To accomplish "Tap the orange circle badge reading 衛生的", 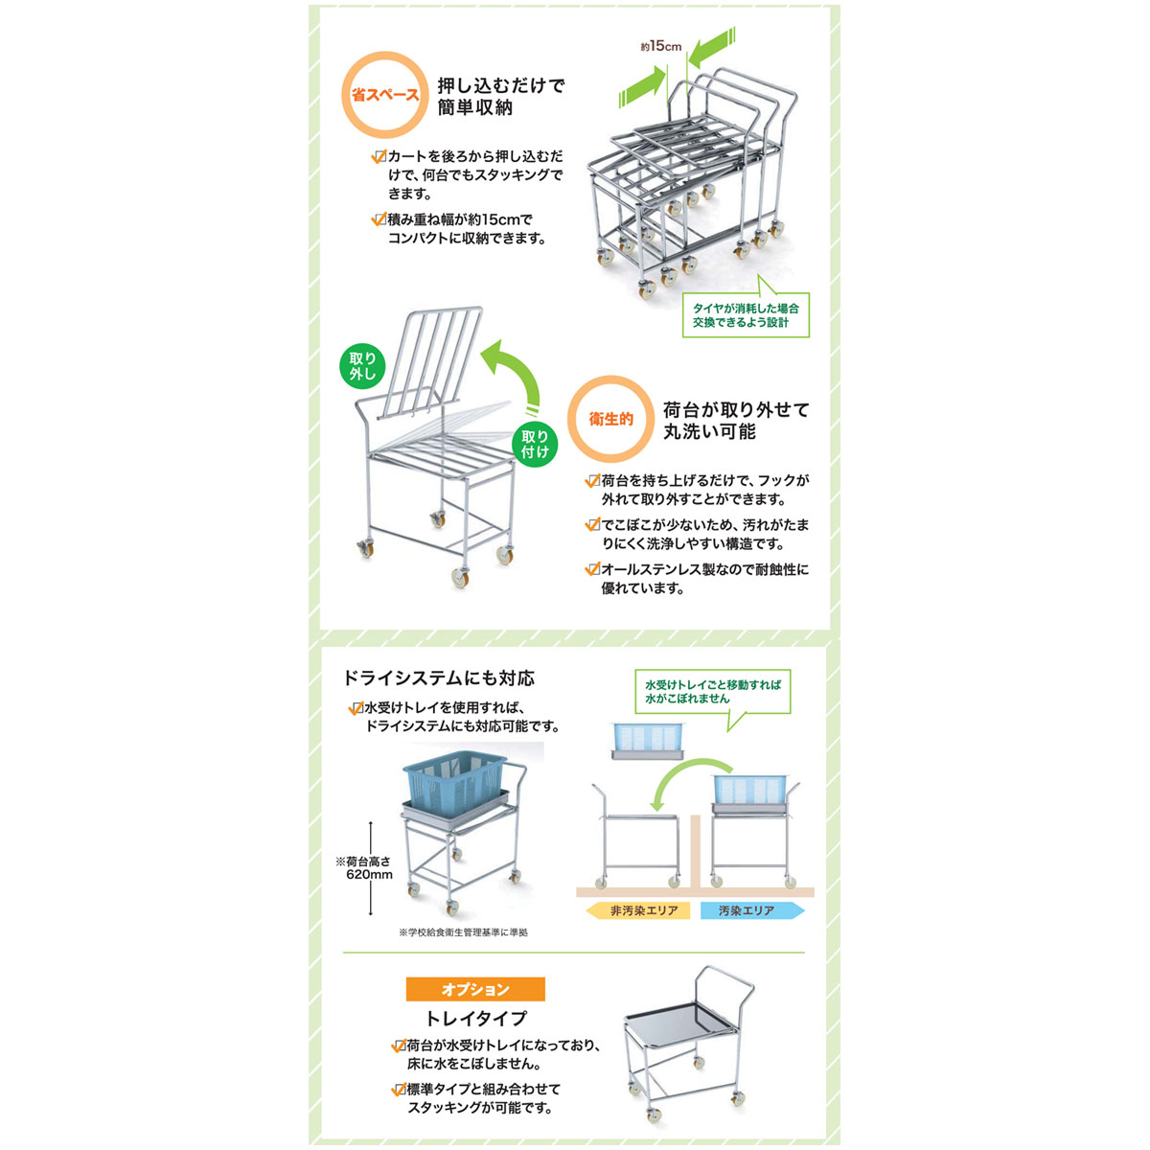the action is [x=610, y=419].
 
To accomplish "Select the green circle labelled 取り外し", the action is [x=362, y=366].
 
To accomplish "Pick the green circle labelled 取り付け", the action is [x=535, y=444].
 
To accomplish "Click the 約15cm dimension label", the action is [x=660, y=47].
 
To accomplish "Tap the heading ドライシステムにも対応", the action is [x=439, y=678].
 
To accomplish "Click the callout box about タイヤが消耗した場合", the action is [x=746, y=314].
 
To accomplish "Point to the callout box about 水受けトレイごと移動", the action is [x=713, y=692].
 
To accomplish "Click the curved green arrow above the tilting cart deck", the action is [x=515, y=376].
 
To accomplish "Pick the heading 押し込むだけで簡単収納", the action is [x=500, y=96].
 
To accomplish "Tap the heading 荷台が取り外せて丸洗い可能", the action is [x=736, y=420].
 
